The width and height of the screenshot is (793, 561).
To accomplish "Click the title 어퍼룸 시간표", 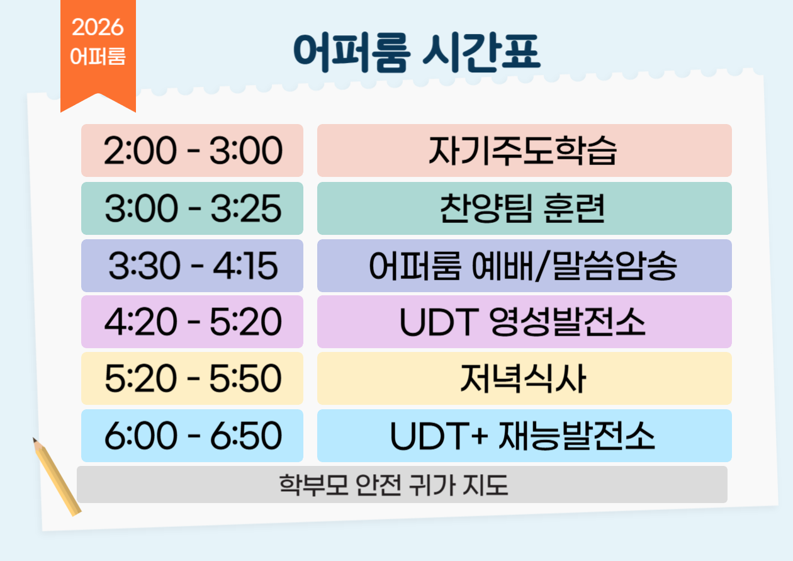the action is (417, 52).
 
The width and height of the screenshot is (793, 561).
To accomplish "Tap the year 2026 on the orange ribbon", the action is (98, 27).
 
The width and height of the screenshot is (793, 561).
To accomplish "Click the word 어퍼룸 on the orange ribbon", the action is (98, 56).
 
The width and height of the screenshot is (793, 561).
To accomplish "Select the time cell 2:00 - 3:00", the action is (192, 150).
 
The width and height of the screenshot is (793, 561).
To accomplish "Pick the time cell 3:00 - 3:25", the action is (192, 208).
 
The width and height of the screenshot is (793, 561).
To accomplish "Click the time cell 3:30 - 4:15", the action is (192, 266).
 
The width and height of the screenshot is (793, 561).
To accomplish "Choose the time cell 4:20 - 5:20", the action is (192, 322).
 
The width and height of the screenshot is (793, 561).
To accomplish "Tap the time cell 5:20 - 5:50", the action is (192, 378).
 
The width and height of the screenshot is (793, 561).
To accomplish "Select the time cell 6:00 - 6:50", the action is (192, 436).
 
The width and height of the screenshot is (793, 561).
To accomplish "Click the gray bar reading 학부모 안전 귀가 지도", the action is (402, 485).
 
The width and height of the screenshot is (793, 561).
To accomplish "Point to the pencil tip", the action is (33, 438).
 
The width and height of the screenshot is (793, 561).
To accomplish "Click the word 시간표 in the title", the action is (481, 52).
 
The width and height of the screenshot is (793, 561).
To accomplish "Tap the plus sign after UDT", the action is (480, 436).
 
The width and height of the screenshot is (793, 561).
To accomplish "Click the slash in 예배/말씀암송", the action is (543, 266).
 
